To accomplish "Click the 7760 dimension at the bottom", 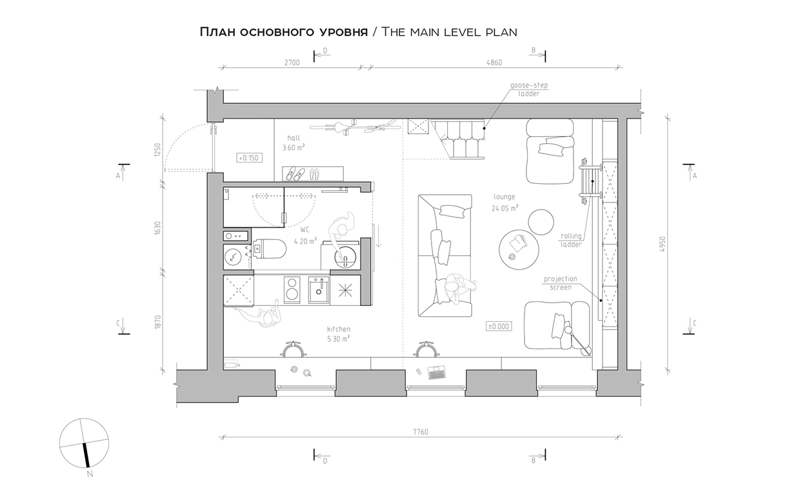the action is [x=421, y=432].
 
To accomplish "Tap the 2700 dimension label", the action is [x=292, y=63].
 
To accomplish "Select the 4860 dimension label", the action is [x=494, y=63].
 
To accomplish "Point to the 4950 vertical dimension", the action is [x=663, y=245].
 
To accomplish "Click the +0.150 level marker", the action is [x=249, y=158].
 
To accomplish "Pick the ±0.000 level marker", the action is [x=499, y=326].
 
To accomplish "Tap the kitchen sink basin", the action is [x=319, y=290].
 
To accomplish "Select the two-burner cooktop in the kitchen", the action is [x=292, y=290].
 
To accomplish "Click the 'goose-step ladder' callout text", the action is [x=529, y=89].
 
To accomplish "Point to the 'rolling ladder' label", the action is [x=571, y=240].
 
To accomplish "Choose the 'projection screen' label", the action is [x=561, y=283].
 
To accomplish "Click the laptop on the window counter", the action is [x=437, y=372].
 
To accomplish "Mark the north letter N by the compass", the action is [x=90, y=474].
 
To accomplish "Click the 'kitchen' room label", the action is [x=339, y=329].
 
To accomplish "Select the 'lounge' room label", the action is [x=505, y=196].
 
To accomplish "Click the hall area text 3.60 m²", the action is [x=294, y=148].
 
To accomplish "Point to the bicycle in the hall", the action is [x=355, y=127].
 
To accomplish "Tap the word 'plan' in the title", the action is [x=501, y=32].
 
